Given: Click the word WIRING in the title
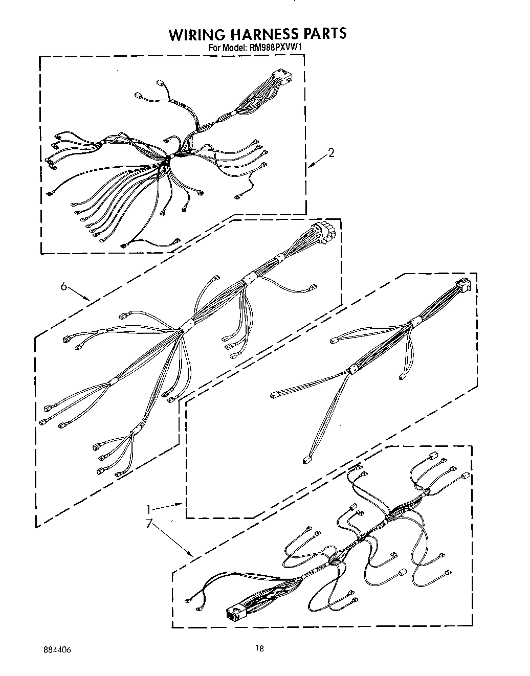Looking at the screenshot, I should coord(196,34).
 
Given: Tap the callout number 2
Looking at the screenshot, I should coord(332,152).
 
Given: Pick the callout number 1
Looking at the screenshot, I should coord(149,509).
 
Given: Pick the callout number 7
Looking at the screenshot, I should coord(149,524).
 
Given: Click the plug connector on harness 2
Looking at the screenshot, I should coord(281,77).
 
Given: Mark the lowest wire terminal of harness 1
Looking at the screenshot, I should coord(306,460).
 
